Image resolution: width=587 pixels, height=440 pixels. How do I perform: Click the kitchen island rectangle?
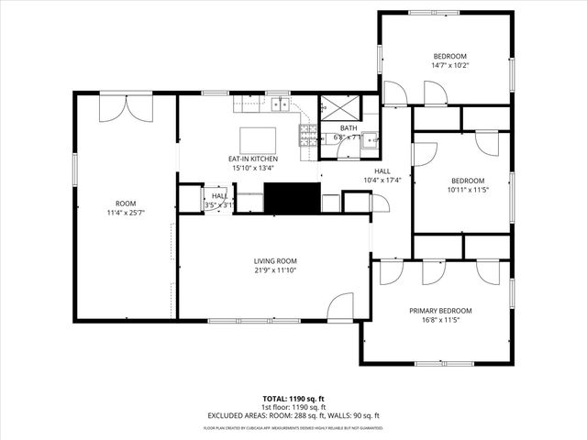point(257,140)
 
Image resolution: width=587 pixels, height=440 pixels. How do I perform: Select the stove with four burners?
point(306,137)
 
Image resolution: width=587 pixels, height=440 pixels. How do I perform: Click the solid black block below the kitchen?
point(291,197)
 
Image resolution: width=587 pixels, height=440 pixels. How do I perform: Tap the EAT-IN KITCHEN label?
point(253,159)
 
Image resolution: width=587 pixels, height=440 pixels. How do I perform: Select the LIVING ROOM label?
point(275,260)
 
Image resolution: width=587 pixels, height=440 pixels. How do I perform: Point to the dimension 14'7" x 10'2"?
point(449,65)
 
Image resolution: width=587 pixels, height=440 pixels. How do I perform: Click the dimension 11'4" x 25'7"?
point(125,212)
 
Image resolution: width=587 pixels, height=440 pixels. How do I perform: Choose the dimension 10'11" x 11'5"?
point(467,190)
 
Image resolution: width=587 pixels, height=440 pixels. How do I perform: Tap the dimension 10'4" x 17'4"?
point(382,180)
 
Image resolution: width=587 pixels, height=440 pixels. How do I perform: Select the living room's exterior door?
point(339,305)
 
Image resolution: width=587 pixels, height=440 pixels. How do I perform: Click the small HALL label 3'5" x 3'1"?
point(220,195)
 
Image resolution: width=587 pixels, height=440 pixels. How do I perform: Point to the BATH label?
point(349,128)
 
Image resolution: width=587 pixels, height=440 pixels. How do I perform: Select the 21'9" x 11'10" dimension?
point(275,269)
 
